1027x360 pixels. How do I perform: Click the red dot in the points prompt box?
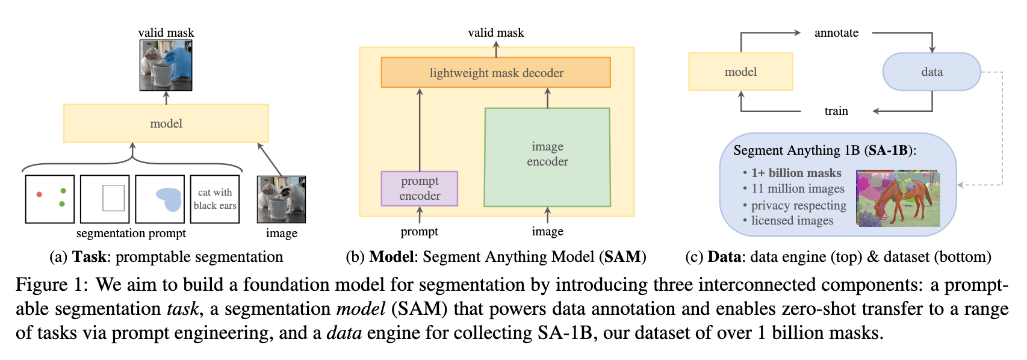pyautogui.click(x=39, y=194)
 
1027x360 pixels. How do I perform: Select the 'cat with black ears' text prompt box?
pyautogui.click(x=214, y=199)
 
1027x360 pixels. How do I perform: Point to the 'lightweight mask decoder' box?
pyautogui.click(x=495, y=72)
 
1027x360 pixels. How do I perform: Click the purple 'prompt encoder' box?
pyautogui.click(x=420, y=188)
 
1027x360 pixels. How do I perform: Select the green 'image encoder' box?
pyautogui.click(x=547, y=157)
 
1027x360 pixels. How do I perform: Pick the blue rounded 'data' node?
pyautogui.click(x=932, y=72)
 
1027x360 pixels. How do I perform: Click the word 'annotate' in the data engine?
pyautogui.click(x=836, y=33)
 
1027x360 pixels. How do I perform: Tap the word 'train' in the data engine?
pyautogui.click(x=836, y=111)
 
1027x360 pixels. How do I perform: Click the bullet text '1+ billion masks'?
pyautogui.click(x=796, y=173)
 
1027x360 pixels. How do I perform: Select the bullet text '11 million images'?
pyautogui.click(x=798, y=188)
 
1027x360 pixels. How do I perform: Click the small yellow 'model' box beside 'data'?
pyautogui.click(x=740, y=72)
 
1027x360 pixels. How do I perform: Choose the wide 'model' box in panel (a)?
pyautogui.click(x=166, y=123)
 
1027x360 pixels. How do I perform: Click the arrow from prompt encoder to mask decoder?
pyautogui.click(x=420, y=130)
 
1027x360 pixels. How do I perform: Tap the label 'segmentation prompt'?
pyautogui.click(x=131, y=234)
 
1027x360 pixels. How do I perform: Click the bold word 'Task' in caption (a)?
pyautogui.click(x=90, y=256)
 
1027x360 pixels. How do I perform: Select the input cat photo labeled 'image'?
pyautogui.click(x=282, y=199)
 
